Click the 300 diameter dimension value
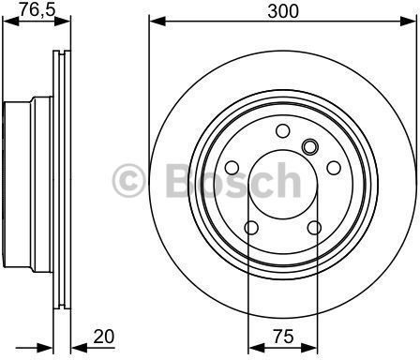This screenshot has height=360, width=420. click(x=283, y=11)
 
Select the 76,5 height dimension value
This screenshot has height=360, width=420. click(x=37, y=9)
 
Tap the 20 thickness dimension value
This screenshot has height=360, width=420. click(x=104, y=337)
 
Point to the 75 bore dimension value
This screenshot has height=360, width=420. click(x=283, y=337)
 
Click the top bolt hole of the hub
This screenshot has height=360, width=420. click(x=283, y=130)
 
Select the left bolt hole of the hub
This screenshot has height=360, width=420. click(x=232, y=168)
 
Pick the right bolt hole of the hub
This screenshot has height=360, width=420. click(x=334, y=168)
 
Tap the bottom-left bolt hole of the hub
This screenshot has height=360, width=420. click(x=251, y=228)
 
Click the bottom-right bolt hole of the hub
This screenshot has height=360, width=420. click(x=314, y=228)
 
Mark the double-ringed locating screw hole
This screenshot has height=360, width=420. click(x=309, y=146)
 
